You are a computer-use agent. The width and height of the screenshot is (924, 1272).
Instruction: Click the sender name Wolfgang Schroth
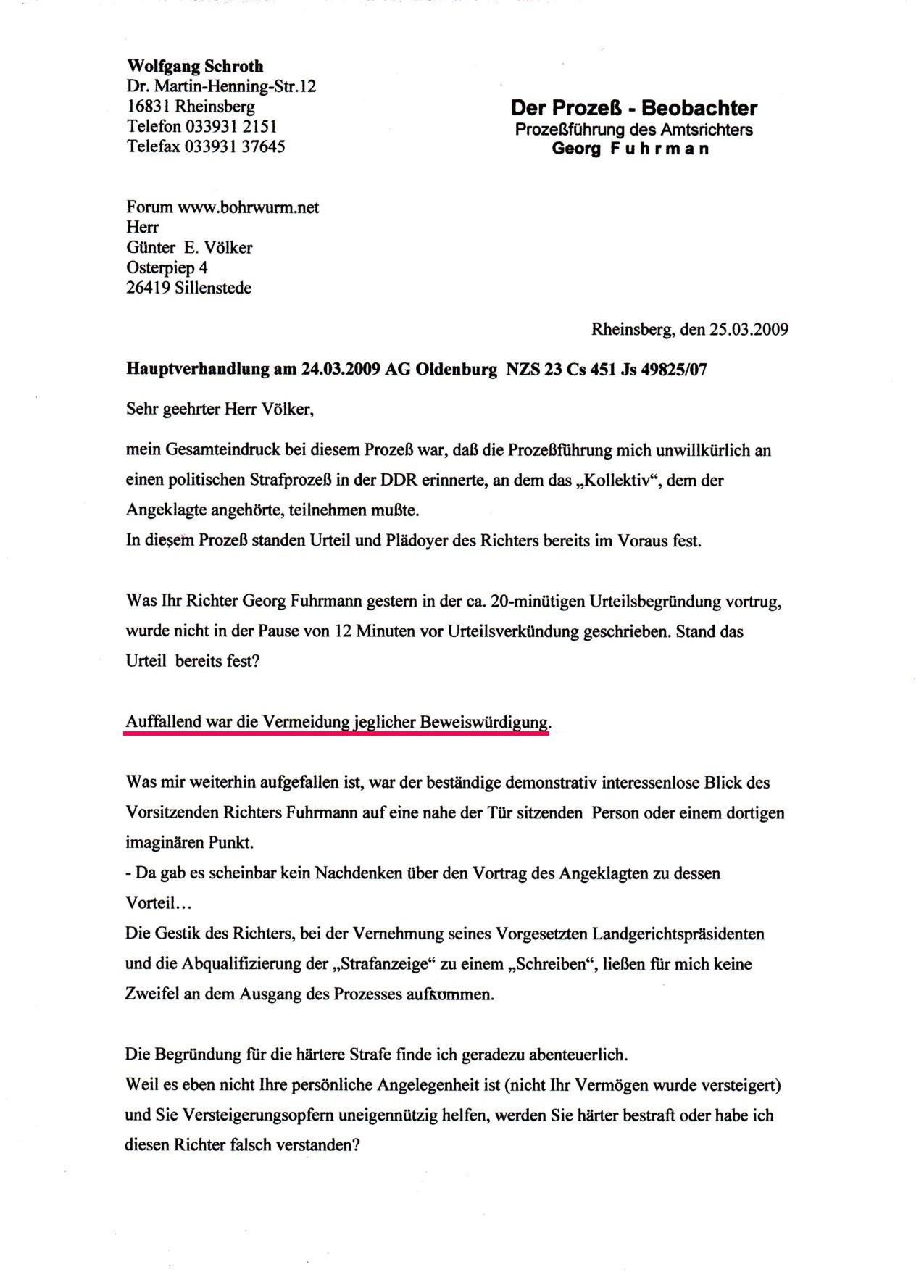pos(195,67)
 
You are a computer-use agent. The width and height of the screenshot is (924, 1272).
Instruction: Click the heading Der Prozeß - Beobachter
pos(633,109)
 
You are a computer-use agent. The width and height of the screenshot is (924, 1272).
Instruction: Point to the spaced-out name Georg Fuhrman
pos(630,149)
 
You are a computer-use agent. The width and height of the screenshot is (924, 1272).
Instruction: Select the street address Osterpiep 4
pos(167,267)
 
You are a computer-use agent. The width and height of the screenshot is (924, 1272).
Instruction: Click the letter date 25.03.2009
pos(749,329)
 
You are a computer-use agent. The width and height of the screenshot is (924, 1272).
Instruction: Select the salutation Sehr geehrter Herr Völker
pos(220,410)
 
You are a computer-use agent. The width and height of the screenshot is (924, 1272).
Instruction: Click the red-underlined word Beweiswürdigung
pos(484,722)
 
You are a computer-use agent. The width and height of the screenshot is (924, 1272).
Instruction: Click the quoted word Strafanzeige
pos(385,964)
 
